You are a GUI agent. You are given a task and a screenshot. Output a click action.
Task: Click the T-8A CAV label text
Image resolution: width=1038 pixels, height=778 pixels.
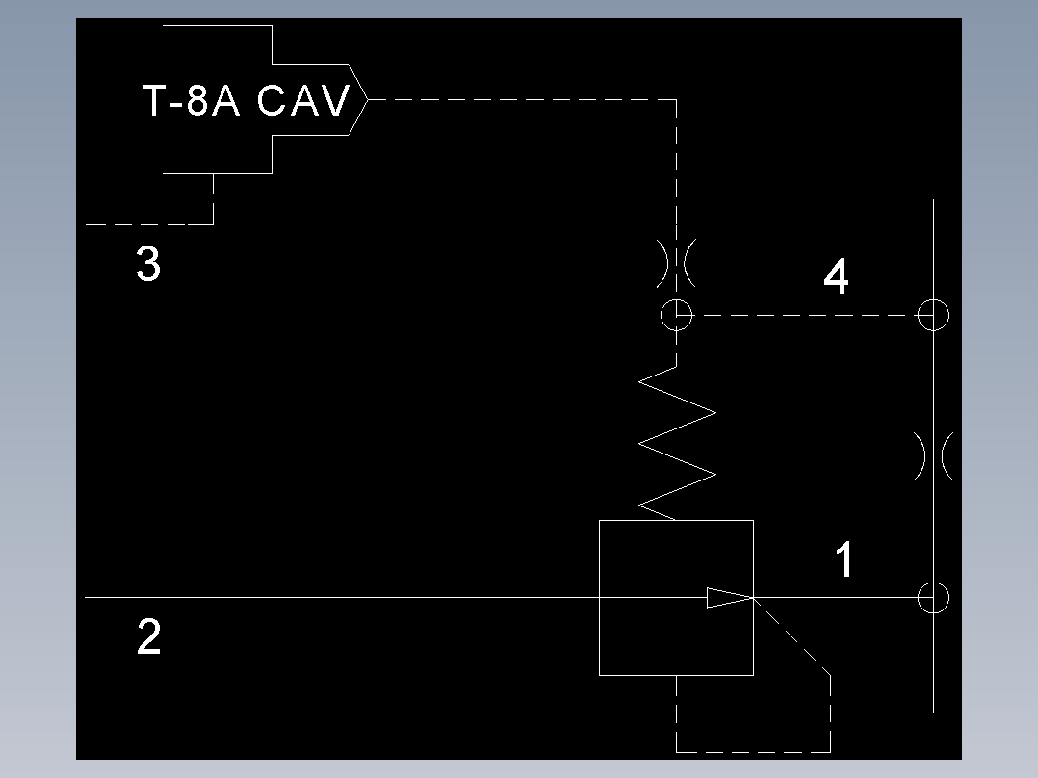point(245,101)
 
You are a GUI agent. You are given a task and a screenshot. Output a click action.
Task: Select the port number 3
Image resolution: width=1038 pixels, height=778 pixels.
point(147,264)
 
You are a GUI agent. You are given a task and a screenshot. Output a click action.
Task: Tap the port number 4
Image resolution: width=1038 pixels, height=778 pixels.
point(836,277)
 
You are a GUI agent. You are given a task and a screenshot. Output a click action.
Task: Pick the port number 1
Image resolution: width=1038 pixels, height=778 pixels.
point(843,560)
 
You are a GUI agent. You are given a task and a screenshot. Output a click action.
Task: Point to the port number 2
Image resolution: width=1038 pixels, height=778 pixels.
point(149,637)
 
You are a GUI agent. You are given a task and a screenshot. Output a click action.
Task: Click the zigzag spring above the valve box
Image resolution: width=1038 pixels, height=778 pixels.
point(677,444)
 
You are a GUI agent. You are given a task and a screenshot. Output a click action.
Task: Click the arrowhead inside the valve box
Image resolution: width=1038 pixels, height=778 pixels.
point(728,598)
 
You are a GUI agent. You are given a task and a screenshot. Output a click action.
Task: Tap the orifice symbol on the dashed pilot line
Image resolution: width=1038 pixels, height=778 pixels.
point(677,263)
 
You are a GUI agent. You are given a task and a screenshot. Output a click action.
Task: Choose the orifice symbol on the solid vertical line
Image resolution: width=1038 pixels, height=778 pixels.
point(933,455)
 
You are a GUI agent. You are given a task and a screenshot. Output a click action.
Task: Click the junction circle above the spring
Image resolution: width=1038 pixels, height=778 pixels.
point(677,315)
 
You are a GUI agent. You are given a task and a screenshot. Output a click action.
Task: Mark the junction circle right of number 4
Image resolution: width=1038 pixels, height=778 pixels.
point(933,315)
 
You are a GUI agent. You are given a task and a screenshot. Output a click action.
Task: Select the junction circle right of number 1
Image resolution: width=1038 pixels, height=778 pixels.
point(933,598)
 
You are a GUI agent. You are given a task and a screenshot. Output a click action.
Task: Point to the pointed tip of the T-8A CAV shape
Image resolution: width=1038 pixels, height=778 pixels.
point(367,99)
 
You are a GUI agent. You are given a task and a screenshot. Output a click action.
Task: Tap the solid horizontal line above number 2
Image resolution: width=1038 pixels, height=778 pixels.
point(337,598)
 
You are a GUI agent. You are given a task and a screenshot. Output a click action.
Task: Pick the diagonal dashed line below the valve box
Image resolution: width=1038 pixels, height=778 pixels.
point(791,635)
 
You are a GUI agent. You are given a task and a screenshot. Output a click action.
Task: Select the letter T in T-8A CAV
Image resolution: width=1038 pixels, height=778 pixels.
point(155,101)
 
